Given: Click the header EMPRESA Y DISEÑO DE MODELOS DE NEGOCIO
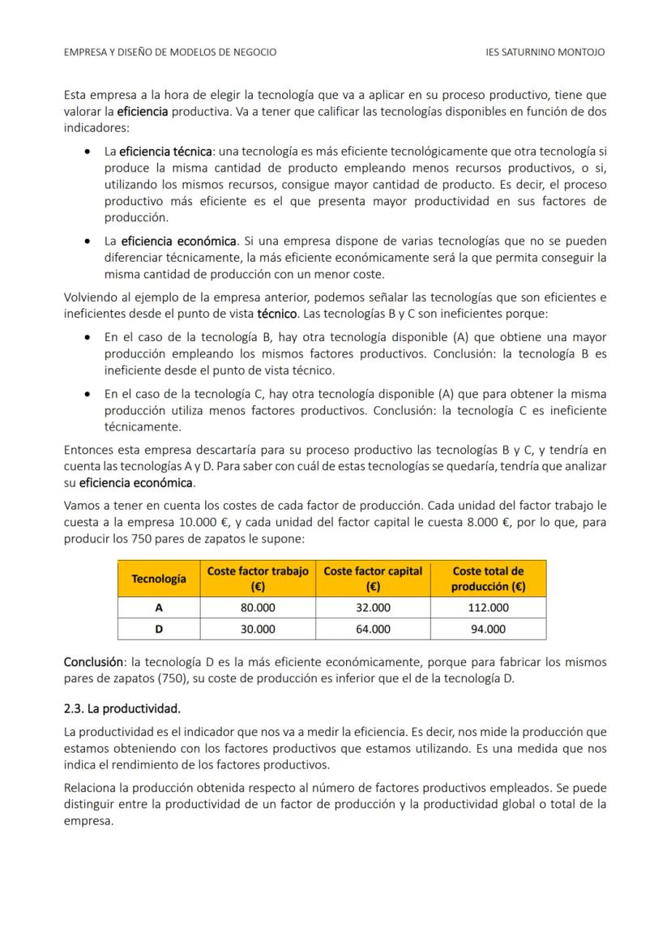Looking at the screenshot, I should [x=169, y=52].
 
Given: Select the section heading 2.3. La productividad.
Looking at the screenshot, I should [x=122, y=709].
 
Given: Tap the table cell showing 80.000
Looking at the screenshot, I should [x=258, y=608].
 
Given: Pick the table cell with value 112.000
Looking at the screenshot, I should [x=489, y=608].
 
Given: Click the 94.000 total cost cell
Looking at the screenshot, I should [x=489, y=629].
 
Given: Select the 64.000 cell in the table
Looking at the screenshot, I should [x=373, y=629].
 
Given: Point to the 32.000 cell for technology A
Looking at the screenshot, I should [x=373, y=608].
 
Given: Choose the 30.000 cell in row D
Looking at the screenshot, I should [x=258, y=629].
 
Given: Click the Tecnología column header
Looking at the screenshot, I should [x=159, y=579].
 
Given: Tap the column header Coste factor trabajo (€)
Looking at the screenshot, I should [x=258, y=579].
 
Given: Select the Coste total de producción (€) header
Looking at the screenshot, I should [x=489, y=579].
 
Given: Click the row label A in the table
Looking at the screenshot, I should [x=159, y=608].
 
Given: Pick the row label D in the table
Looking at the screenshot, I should [x=159, y=629].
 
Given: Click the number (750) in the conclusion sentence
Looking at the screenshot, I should [x=193, y=678].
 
